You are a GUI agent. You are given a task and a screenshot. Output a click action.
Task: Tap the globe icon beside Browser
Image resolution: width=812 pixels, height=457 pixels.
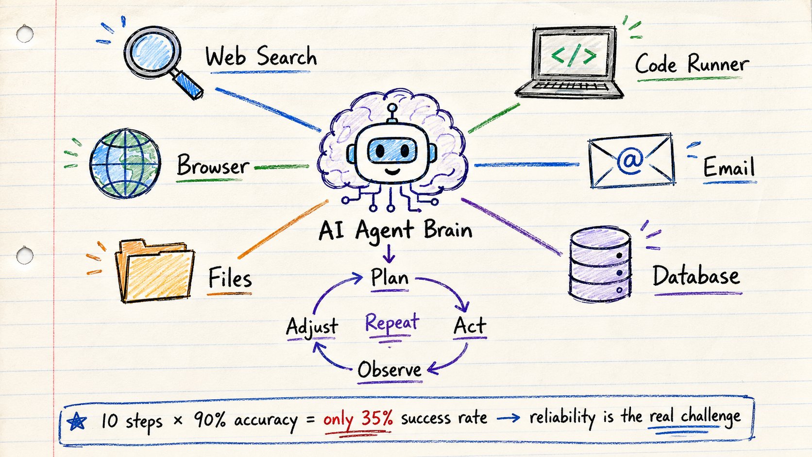click(125, 164)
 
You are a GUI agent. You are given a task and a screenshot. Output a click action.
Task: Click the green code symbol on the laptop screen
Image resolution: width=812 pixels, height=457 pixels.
click(574, 55)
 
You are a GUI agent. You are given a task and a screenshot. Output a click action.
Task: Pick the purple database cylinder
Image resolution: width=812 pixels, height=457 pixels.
click(600, 264)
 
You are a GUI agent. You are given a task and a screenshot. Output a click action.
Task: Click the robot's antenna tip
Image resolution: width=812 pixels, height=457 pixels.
click(392, 108)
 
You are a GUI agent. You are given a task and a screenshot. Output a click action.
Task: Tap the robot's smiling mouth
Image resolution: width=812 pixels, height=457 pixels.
click(392, 170)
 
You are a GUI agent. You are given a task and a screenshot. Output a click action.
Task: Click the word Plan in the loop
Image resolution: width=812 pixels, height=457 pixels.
click(389, 278)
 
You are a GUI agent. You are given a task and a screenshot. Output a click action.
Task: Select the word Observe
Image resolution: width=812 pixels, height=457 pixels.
click(389, 370)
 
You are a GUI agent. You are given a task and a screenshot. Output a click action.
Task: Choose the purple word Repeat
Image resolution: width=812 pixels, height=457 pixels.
click(392, 322)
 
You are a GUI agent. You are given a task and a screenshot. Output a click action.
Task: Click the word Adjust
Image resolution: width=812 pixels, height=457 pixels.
click(312, 326)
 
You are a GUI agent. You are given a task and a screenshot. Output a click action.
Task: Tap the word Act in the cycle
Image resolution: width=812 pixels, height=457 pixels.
click(470, 325)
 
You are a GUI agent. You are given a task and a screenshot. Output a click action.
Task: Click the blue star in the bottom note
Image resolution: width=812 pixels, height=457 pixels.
click(77, 422)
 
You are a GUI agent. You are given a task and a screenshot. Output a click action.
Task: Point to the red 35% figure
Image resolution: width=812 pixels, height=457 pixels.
click(377, 418)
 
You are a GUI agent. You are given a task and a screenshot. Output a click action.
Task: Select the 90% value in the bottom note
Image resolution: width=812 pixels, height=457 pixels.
click(209, 420)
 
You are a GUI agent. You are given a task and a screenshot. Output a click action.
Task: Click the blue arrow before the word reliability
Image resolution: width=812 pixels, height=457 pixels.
click(508, 419)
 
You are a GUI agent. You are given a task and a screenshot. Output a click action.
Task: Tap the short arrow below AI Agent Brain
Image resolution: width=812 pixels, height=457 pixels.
click(389, 254)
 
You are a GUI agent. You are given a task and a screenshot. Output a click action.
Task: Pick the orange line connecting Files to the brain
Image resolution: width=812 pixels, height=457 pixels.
click(283, 229)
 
